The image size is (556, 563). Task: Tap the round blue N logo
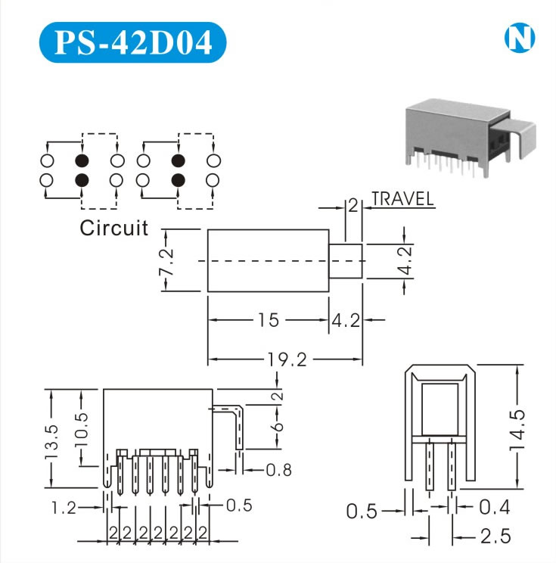(x=520, y=39)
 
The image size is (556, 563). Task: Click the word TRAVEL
(x=403, y=200)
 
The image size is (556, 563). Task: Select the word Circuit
(x=114, y=229)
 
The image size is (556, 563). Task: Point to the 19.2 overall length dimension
(x=285, y=360)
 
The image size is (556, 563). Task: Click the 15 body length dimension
(x=268, y=320)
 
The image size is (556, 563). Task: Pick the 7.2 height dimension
(x=167, y=260)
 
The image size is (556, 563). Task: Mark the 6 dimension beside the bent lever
(x=277, y=427)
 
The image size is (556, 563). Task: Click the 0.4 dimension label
(x=495, y=508)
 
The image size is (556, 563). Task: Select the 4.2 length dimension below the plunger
(x=345, y=320)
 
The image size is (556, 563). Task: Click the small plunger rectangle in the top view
(x=346, y=260)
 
